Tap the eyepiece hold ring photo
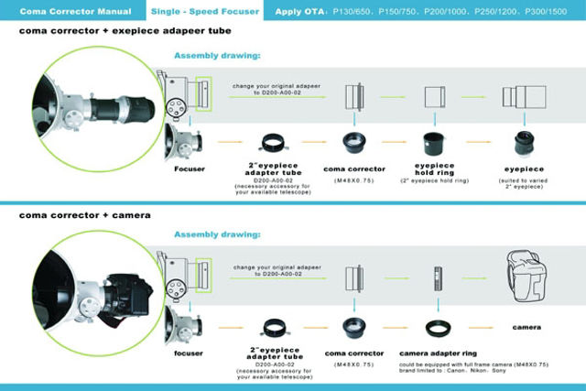[x=433, y=144]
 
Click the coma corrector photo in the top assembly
[x=353, y=144]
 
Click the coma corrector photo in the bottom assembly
[x=353, y=325]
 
